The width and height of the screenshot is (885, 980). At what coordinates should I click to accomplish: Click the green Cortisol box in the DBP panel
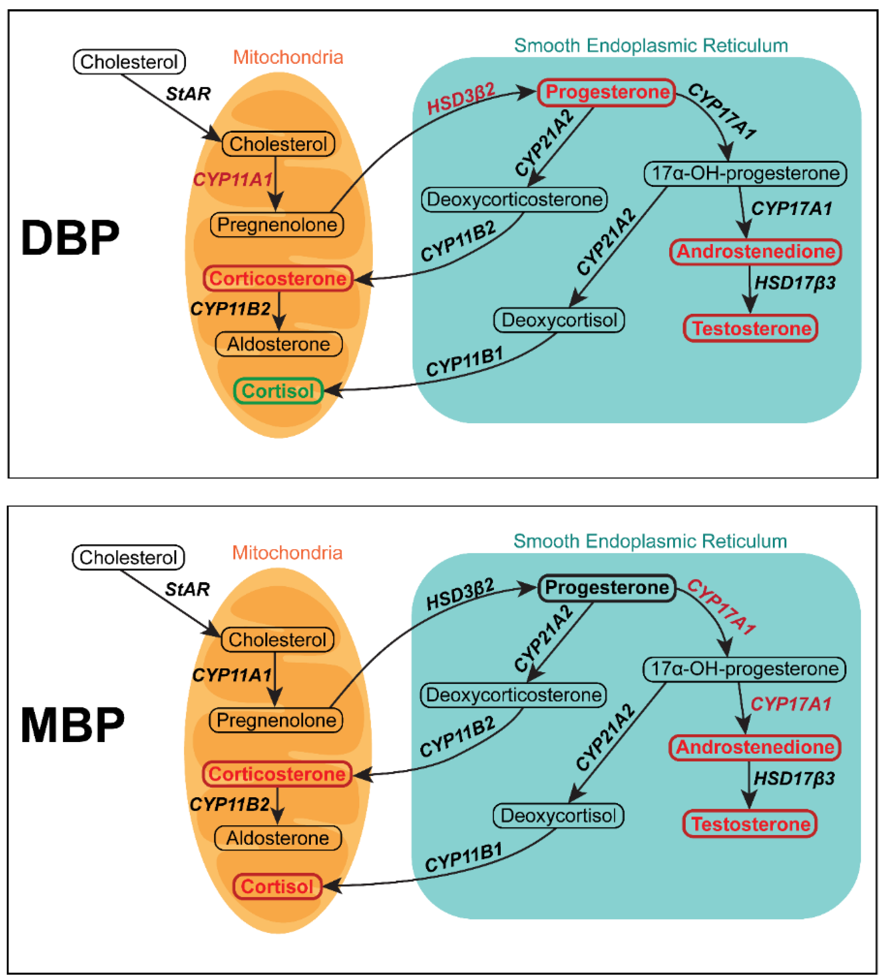point(278,391)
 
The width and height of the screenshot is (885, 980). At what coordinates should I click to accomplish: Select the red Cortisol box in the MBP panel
point(277,887)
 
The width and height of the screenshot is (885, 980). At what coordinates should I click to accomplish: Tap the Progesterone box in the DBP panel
point(607,92)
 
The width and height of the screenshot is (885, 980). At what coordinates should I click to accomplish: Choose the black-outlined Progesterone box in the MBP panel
point(607,588)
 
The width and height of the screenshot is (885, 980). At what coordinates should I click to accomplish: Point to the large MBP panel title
point(72,725)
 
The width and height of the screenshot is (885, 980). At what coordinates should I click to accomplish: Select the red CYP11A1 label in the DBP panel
point(233,180)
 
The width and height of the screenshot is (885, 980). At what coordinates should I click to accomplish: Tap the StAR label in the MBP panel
point(187,589)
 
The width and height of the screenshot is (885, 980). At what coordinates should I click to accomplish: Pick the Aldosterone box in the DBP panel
point(278,344)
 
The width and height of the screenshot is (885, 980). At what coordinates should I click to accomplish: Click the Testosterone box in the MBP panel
point(750,824)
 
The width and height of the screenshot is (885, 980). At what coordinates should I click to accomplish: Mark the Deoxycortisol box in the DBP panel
point(559,320)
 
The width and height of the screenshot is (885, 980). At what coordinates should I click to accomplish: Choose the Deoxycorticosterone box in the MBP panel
point(513,695)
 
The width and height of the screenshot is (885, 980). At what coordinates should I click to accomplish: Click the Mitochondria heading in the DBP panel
point(288,57)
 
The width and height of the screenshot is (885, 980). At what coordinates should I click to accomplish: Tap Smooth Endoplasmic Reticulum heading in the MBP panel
point(650,541)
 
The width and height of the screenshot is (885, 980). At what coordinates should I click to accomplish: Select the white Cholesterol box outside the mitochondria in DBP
point(129,62)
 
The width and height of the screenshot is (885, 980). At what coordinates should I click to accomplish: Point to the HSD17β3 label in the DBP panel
point(795,282)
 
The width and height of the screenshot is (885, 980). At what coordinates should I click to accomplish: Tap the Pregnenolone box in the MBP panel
point(276,720)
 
